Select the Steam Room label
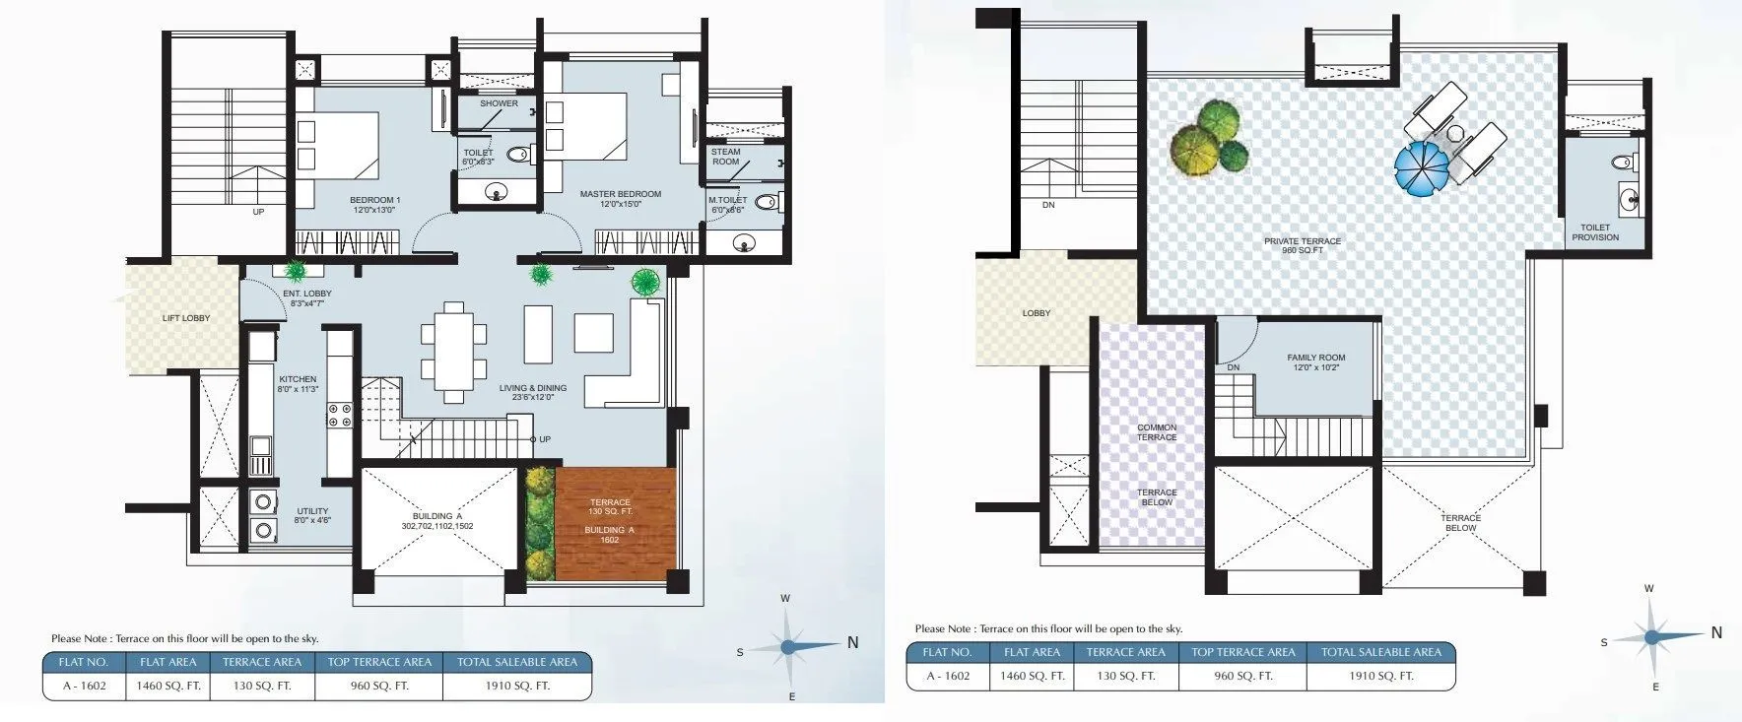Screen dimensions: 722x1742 pos(726,157)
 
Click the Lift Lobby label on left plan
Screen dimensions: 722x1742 pos(186,318)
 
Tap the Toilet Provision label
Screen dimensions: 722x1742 pos(1595,232)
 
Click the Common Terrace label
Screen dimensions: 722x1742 pos(1157,432)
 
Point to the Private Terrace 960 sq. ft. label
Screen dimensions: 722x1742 pos(1303,245)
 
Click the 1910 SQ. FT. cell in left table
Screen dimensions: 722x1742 pos(516,686)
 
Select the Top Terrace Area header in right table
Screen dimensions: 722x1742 pos(1242,652)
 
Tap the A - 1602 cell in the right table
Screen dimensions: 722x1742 pos(948,676)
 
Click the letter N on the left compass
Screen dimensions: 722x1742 pos(853,642)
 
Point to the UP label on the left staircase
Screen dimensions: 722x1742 pos(258,212)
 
